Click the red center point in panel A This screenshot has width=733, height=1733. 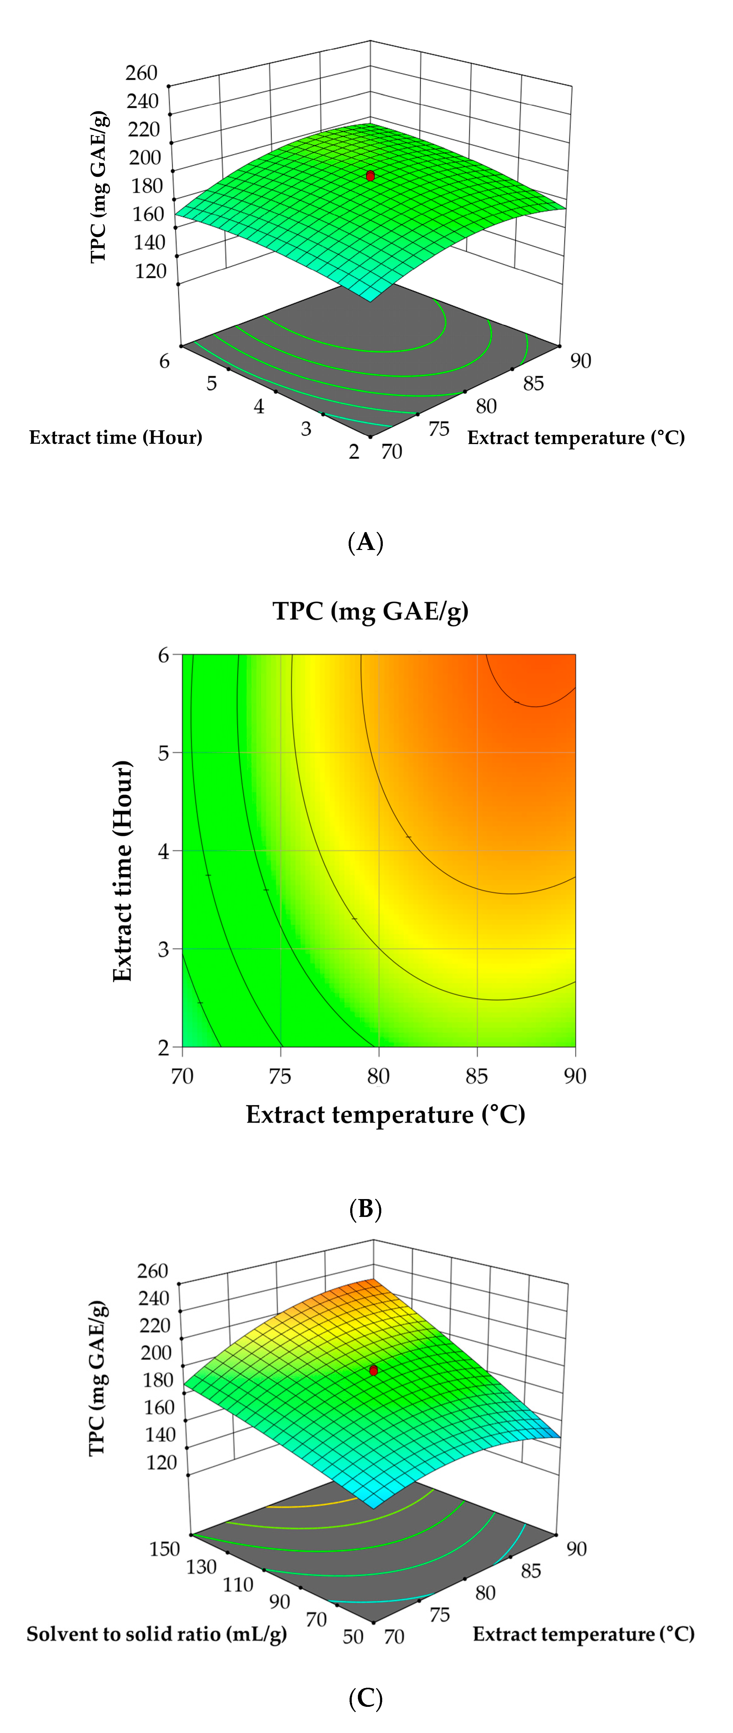pos(370,176)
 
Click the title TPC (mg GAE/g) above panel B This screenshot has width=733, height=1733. pos(371,611)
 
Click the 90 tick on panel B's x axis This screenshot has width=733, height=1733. pos(575,1077)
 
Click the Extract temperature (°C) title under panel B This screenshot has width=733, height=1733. pos(385,1115)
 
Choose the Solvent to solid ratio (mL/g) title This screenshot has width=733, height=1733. pos(157,1634)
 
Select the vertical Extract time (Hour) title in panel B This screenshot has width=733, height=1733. pos(122,871)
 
